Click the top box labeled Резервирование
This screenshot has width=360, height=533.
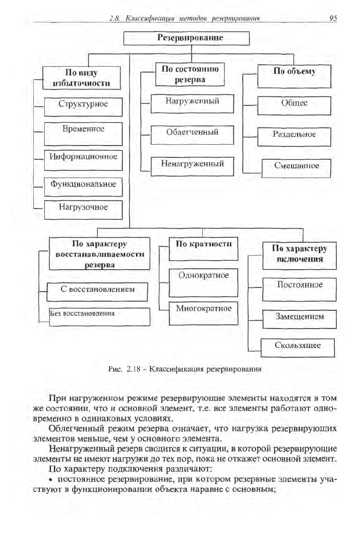coord(187,38)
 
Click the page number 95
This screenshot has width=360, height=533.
coord(332,18)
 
